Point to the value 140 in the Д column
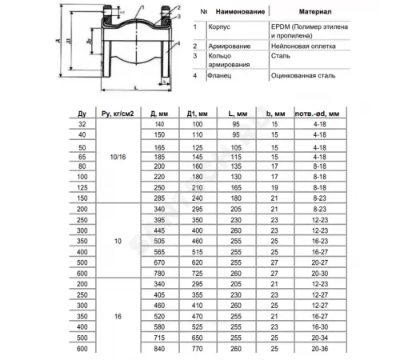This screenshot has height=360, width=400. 159,126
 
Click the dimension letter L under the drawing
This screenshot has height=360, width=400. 139,93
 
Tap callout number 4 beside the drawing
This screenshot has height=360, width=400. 178,34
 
